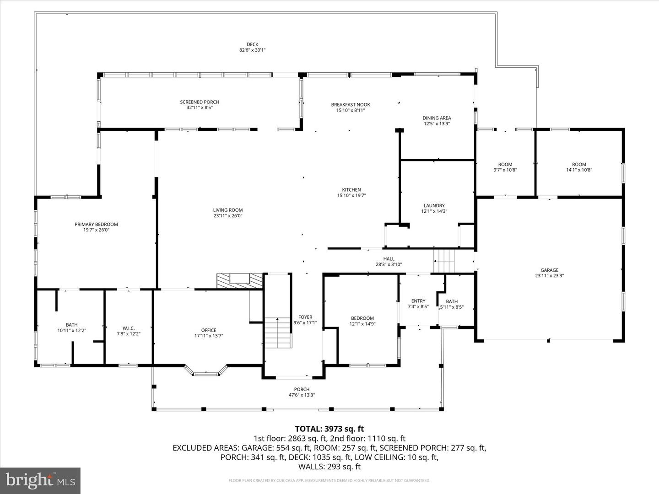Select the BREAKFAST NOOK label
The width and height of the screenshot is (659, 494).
(x=351, y=105)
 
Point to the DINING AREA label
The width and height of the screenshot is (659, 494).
(x=437, y=118)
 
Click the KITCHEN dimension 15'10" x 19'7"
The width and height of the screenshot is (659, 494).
(x=351, y=195)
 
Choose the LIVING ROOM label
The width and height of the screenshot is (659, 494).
(x=227, y=210)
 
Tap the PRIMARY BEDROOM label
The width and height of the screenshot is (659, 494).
(x=96, y=225)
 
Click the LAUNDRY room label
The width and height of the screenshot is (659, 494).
(x=434, y=206)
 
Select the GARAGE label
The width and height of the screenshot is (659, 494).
(x=549, y=270)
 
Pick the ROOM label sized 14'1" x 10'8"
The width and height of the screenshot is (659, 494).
(x=579, y=165)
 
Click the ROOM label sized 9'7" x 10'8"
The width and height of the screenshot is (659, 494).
(x=505, y=165)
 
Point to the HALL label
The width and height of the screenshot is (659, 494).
(x=389, y=259)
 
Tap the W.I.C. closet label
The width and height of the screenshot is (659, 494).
(x=128, y=328)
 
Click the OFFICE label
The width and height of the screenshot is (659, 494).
(x=209, y=330)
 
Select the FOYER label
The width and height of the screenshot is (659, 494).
(x=305, y=317)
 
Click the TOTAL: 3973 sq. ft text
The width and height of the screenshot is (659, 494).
(x=329, y=429)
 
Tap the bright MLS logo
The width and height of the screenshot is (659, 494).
(x=40, y=480)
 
